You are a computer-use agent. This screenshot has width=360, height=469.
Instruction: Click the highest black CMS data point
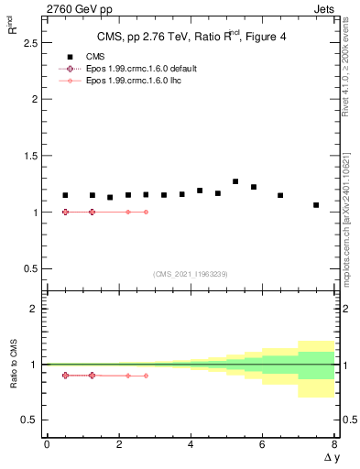235,181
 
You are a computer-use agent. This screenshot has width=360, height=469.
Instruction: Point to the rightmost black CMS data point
316,205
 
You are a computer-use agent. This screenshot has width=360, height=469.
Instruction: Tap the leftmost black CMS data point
65,195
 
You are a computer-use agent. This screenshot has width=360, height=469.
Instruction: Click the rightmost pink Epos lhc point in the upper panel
146,212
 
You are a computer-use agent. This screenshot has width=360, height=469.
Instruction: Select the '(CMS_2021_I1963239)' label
191,274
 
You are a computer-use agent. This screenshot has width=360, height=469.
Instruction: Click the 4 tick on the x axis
191,444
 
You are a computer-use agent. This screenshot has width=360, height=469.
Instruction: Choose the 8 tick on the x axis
334,444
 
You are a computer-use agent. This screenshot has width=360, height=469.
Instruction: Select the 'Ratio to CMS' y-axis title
14,364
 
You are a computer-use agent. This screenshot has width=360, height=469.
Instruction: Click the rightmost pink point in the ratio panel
146,376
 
